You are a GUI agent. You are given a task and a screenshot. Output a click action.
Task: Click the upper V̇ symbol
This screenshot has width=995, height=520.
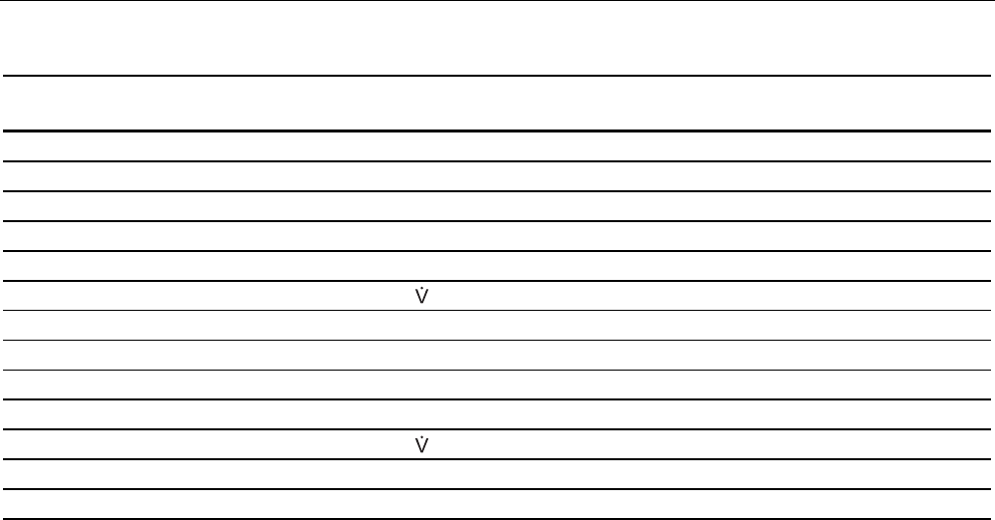(x=420, y=296)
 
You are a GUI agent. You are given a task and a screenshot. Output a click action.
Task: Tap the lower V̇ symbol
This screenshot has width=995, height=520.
(x=420, y=444)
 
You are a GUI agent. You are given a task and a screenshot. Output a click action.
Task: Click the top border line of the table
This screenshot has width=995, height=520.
(x=497, y=1)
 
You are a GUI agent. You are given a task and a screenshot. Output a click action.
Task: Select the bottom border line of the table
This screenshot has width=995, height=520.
(x=497, y=518)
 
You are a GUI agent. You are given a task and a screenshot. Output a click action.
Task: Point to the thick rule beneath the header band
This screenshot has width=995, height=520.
(x=497, y=130)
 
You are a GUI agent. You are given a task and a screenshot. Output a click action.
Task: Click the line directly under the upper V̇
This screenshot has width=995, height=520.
(x=497, y=310)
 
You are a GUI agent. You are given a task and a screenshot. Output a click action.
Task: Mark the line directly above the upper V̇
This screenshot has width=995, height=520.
(x=497, y=280)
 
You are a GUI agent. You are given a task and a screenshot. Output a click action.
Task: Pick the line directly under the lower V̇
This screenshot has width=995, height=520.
(x=497, y=459)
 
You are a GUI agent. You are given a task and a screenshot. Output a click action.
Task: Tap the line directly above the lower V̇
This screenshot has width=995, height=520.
(x=497, y=429)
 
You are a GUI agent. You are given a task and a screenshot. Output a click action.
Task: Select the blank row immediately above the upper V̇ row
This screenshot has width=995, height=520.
(x=497, y=265)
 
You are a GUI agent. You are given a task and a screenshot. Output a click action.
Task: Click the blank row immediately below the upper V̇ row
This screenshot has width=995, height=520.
(x=497, y=325)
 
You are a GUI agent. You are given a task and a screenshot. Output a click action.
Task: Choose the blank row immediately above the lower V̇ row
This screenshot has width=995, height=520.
(x=497, y=414)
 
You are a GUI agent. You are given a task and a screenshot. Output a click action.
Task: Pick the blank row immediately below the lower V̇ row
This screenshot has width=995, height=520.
(x=497, y=474)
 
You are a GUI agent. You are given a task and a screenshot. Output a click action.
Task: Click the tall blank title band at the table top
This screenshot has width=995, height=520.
(x=497, y=38)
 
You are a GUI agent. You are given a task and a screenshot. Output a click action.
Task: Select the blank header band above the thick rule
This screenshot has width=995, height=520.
(x=497, y=103)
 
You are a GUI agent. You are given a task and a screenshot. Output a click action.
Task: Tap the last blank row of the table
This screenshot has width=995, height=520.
(x=497, y=504)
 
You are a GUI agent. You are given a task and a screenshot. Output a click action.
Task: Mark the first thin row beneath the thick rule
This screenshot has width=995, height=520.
(x=497, y=145)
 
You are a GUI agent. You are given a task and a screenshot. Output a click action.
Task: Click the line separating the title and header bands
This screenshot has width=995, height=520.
(x=497, y=76)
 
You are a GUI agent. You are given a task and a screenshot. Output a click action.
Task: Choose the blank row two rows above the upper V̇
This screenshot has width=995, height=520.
(x=497, y=235)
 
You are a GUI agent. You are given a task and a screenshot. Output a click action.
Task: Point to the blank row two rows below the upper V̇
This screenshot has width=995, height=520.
(x=497, y=355)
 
